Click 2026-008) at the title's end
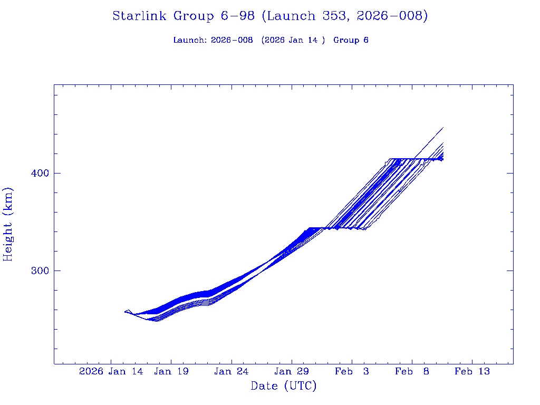[x=392, y=16]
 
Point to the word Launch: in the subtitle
[x=190, y=40]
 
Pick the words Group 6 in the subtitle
[x=351, y=40]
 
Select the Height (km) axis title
[x=8, y=224]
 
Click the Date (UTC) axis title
[x=284, y=386]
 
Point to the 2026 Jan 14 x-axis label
[x=111, y=371]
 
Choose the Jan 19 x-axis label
[x=171, y=371]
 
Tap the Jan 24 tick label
[x=232, y=371]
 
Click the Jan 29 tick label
[x=292, y=371]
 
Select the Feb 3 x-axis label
[x=352, y=371]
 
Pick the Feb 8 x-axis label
[x=412, y=371]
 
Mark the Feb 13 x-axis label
[x=472, y=371]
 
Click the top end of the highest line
[x=443, y=128]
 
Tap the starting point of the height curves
[x=126, y=312]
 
